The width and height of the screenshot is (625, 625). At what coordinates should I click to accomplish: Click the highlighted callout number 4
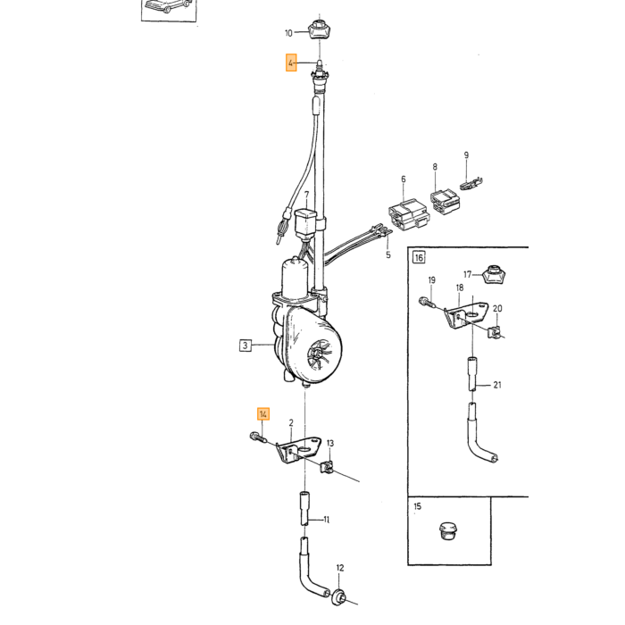tap(291, 63)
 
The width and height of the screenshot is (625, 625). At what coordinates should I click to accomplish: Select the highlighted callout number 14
tap(263, 414)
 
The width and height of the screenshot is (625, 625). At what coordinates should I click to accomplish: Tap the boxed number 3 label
tap(246, 346)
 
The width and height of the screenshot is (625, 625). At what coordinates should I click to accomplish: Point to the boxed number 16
tap(419, 257)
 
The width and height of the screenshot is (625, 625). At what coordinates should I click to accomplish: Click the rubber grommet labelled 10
tap(320, 29)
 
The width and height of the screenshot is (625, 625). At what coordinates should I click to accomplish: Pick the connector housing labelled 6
tap(409, 216)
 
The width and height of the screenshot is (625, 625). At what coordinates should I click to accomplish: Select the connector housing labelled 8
tap(446, 200)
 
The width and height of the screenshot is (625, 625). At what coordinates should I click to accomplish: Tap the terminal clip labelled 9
tap(471, 184)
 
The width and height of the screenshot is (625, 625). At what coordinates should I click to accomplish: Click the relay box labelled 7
tap(305, 225)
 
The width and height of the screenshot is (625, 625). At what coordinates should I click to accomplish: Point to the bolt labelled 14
tap(259, 437)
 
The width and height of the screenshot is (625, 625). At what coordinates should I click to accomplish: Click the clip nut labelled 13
tap(327, 466)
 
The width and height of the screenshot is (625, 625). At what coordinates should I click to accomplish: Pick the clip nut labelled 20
tap(494, 331)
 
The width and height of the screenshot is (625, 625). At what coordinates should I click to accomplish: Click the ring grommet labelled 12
tap(338, 596)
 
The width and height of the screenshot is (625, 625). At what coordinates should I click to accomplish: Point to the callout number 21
tap(497, 385)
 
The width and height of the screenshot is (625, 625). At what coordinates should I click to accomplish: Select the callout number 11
tap(327, 520)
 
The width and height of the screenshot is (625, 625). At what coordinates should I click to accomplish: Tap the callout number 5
tap(388, 254)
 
